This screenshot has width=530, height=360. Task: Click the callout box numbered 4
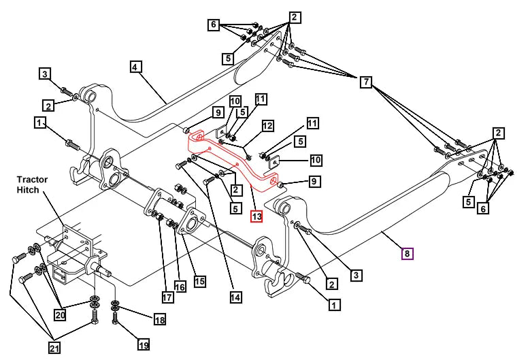pyautogui.click(x=135, y=67)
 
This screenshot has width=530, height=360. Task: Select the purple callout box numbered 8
pyautogui.click(x=407, y=254)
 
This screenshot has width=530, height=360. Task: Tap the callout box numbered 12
pyautogui.click(x=267, y=126)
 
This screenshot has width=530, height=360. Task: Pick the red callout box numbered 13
pyautogui.click(x=256, y=216)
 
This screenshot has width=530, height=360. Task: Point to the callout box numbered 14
pyautogui.click(x=235, y=297)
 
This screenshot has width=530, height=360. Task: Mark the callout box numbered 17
pyautogui.click(x=167, y=297)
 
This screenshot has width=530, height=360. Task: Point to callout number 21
pyautogui.click(x=54, y=348)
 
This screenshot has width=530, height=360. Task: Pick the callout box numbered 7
pyautogui.click(x=367, y=82)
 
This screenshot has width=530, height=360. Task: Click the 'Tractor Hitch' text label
pyautogui.click(x=32, y=184)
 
